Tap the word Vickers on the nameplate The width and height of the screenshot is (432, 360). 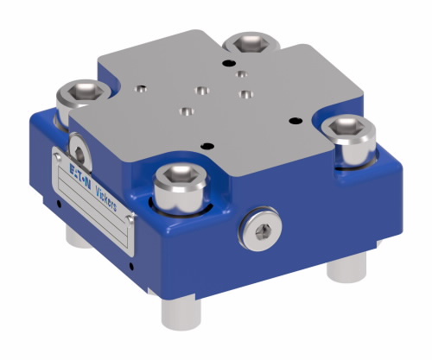[x=106, y=199]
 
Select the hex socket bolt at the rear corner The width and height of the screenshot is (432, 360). [x=251, y=42]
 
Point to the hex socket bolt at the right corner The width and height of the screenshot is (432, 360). [x=349, y=142]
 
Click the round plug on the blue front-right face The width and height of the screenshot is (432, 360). [x=261, y=230]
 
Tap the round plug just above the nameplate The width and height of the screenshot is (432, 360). [x=79, y=153]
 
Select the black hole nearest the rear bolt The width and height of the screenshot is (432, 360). [x=229, y=62]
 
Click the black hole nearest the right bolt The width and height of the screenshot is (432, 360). [x=295, y=121]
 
